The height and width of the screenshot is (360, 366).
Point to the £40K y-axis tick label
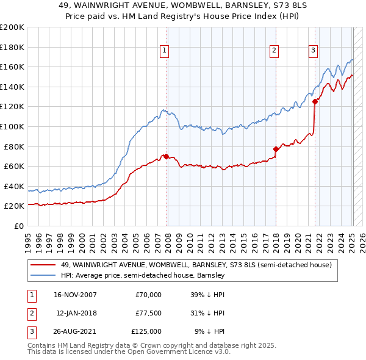[13, 186]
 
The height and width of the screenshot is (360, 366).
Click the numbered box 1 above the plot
[165, 51]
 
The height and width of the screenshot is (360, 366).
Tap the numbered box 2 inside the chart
[274, 51]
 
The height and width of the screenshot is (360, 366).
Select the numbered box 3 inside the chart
[313, 51]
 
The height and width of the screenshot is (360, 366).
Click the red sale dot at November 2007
[166, 156]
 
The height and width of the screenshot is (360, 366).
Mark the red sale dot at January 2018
[276, 149]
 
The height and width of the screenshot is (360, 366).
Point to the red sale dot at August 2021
[315, 102]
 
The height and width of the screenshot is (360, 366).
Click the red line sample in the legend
[43, 265]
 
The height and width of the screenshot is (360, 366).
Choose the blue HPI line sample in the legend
[43, 276]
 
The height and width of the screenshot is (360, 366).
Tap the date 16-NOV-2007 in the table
[76, 295]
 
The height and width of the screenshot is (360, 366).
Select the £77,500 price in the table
[148, 313]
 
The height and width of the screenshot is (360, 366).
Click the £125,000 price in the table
[146, 331]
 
